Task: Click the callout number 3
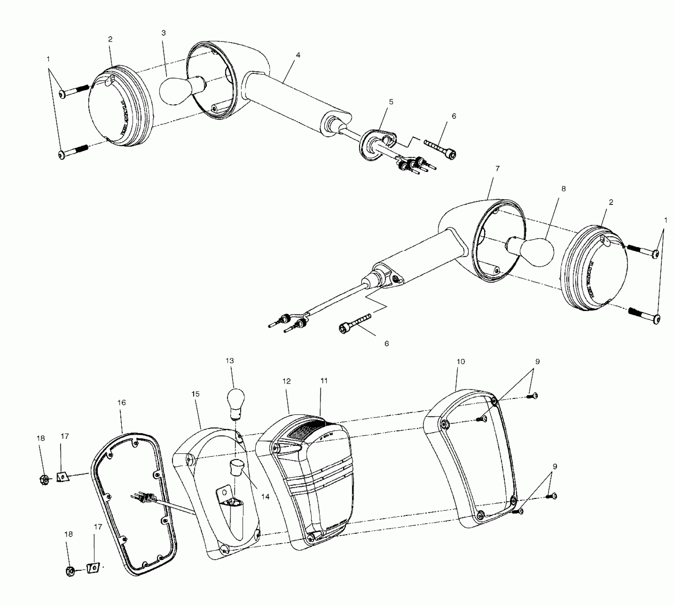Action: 163,33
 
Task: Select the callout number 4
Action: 298,55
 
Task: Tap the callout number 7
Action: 497,168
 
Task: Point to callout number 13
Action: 230,361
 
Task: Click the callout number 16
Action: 122,403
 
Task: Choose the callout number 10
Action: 460,362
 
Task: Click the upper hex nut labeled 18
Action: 44,479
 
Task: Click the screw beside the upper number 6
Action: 441,148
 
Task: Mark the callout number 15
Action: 195,394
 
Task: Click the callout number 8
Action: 563,189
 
